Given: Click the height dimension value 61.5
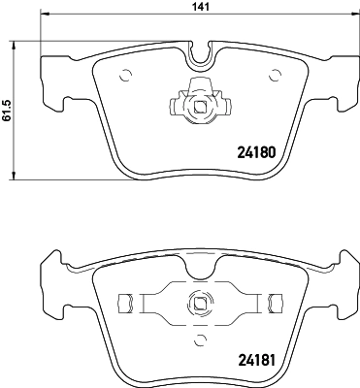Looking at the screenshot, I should pyautogui.click(x=7, y=109).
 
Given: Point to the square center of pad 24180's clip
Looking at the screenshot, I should pyautogui.click(x=201, y=109).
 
